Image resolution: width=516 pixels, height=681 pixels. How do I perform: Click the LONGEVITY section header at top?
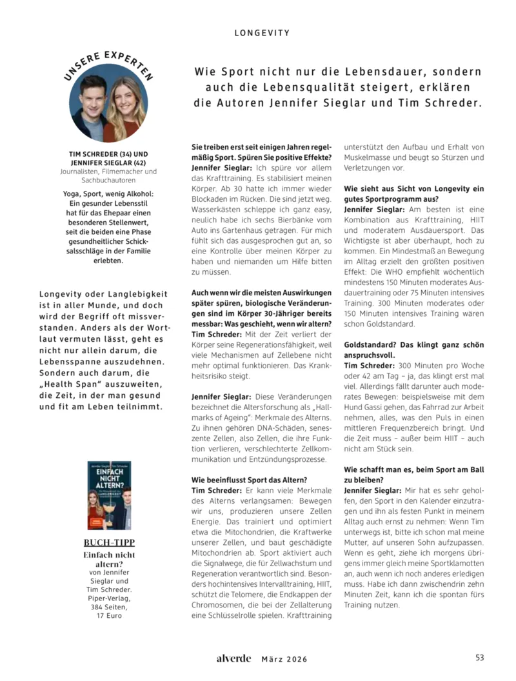262,32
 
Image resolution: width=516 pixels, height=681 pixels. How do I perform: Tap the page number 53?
479,658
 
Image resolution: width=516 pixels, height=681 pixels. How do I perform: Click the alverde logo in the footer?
233,658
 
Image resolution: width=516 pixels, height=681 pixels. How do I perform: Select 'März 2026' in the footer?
284,659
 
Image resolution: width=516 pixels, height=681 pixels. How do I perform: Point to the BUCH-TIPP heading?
109,542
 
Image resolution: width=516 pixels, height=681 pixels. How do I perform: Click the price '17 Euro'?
109,615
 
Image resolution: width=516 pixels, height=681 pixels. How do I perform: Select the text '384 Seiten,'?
109,607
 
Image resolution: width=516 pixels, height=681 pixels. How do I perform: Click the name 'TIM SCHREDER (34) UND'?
108,154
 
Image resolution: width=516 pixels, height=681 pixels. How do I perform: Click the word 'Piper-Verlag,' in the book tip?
109,598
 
